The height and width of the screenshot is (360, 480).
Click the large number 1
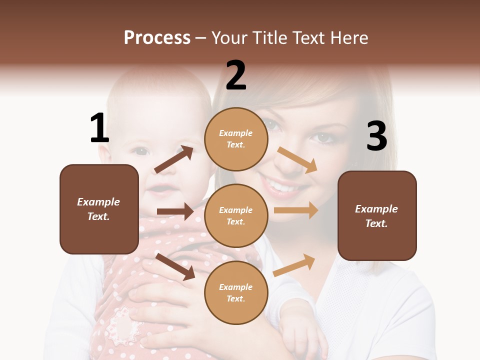coord(99,128)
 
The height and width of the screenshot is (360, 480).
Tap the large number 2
coord(236,75)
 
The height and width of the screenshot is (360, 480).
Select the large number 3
coord(376,136)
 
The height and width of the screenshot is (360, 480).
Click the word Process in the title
coord(157,37)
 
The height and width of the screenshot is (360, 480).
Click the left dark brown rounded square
coord(99,209)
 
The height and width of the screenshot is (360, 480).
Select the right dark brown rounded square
coord(377,215)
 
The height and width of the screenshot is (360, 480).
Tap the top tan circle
coord(236,139)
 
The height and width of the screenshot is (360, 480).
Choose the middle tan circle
coord(236,215)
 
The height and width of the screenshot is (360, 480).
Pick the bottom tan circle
coord(236,292)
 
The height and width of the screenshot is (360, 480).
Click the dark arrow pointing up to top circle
coord(173,159)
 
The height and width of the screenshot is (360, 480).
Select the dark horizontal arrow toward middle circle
coord(175,211)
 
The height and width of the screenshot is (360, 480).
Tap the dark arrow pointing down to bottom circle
coord(175,266)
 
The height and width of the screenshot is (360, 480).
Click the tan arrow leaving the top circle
coord(297,159)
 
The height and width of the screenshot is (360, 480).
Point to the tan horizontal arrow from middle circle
coord(296,210)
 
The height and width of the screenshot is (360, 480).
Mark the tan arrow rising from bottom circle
coord(294,265)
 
